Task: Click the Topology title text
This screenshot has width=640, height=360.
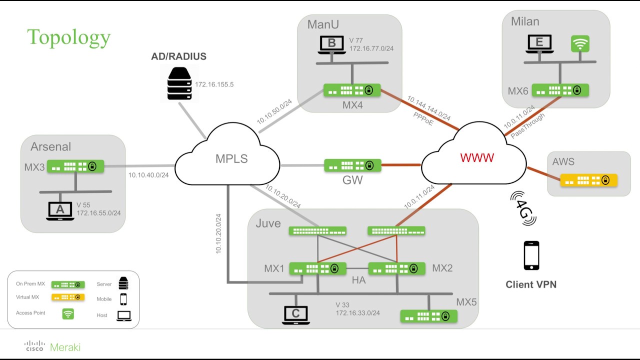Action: [x=68, y=37]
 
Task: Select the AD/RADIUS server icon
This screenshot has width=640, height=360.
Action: [x=179, y=83]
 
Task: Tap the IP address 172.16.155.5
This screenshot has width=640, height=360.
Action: [x=214, y=84]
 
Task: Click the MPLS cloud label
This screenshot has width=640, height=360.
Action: [x=231, y=159]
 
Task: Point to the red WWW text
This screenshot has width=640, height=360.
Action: [x=477, y=158]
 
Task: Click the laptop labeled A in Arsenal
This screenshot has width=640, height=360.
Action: [x=60, y=211]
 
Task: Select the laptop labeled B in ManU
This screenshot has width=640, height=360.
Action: [x=332, y=44]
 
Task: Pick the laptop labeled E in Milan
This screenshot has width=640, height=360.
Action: [x=539, y=44]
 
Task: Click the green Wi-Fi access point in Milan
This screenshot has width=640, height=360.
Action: [x=580, y=44]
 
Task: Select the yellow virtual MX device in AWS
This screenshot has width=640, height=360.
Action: [x=588, y=180]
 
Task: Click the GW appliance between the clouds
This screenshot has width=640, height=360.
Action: [x=352, y=165]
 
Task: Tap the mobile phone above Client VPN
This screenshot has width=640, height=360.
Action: [x=531, y=255]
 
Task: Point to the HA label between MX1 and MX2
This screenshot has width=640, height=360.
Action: [x=358, y=280]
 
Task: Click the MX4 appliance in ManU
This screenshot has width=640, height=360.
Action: [x=351, y=90]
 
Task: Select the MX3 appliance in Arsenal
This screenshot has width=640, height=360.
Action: [x=75, y=166]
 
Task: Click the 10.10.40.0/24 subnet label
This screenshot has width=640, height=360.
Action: [x=148, y=175]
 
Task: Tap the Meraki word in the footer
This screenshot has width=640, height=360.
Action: [x=65, y=347]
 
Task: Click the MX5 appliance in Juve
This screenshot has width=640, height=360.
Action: [x=428, y=316]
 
